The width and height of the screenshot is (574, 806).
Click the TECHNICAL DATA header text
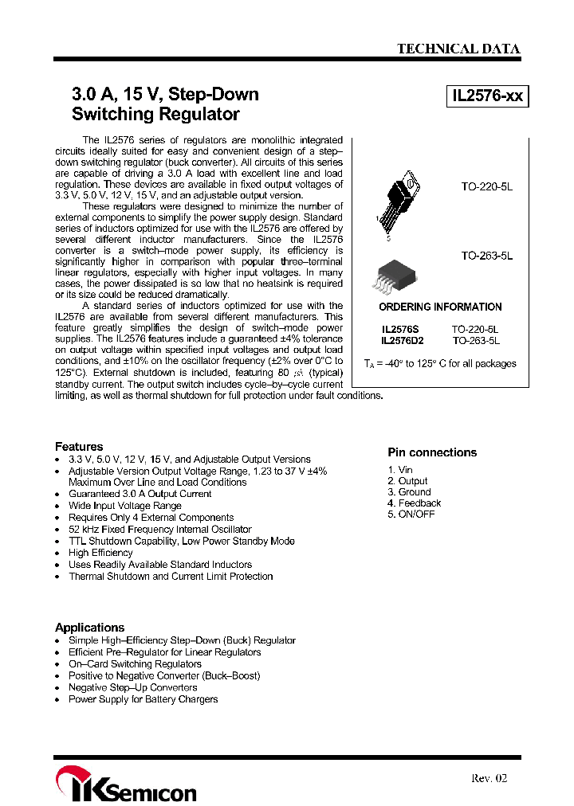(x=458, y=49)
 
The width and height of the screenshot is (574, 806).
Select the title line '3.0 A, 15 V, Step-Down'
(x=165, y=94)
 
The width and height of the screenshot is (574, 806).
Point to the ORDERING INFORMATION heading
(x=440, y=307)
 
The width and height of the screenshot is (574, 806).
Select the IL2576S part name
(x=399, y=328)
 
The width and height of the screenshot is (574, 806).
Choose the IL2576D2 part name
(x=403, y=340)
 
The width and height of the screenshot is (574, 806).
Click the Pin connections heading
(x=432, y=452)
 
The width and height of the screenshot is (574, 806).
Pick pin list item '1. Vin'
(x=400, y=470)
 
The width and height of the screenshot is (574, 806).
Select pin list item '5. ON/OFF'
(x=411, y=515)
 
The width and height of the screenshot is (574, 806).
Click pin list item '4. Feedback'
(x=414, y=503)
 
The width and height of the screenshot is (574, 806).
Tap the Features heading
(x=79, y=446)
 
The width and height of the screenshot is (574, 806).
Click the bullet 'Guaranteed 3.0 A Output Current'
(x=140, y=494)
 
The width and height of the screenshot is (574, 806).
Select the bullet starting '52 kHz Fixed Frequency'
(x=159, y=529)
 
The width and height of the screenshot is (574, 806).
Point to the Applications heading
(x=89, y=627)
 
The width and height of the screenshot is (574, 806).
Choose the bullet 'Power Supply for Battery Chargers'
(x=143, y=699)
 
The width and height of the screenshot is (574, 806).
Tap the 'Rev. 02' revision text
(x=489, y=778)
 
